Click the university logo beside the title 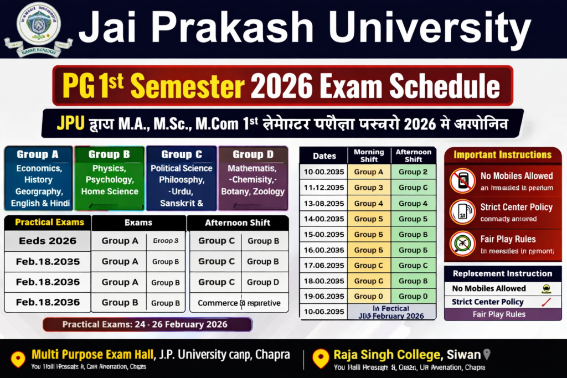coord(38,29)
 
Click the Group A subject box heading coord(38,154)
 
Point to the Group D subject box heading coord(252,154)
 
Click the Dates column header coord(324,156)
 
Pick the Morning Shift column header coord(369,156)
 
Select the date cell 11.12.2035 coord(324,188)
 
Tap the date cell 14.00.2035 coord(324,219)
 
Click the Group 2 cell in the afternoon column coord(413,172)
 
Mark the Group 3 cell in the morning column coord(369,188)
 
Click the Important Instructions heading coord(502,155)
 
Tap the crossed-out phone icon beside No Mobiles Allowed coord(462,180)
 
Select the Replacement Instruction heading coord(502,273)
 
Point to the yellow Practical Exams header coord(50,222)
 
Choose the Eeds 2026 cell coord(48,241)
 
